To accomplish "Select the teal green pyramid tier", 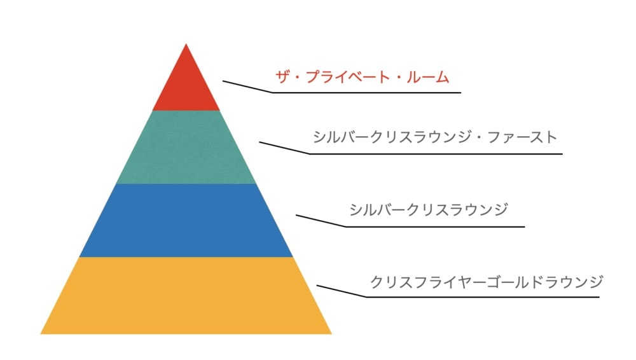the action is point(186,147).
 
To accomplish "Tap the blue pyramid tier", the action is point(186,220).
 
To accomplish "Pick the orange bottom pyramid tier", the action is point(186,296).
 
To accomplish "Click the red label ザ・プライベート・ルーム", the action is point(363,77).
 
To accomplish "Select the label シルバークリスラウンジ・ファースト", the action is point(435,137).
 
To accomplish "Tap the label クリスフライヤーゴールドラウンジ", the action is point(487,282).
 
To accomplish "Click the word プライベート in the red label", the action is point(343,77).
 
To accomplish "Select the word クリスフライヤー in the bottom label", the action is point(428,282).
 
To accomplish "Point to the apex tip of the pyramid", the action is point(186,44).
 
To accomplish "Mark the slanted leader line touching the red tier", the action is point(247,87).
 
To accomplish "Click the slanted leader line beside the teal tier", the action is point(284,148).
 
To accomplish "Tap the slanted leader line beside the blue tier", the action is point(321,221).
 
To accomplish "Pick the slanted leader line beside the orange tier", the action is point(342,291).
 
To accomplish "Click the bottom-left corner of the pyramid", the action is point(41,334).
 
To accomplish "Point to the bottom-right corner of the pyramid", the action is point(332,334).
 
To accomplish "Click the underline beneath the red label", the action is point(367,92).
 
